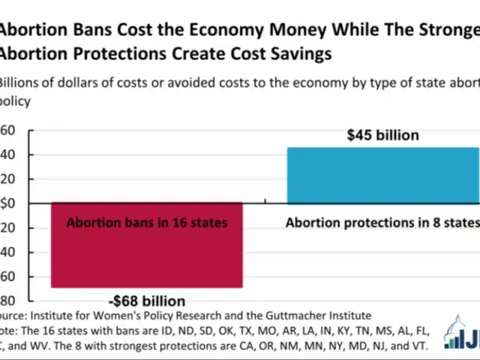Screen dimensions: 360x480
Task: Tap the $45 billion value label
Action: (x=382, y=136)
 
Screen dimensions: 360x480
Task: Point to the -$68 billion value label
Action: (x=147, y=301)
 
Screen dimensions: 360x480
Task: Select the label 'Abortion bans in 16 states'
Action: (x=146, y=223)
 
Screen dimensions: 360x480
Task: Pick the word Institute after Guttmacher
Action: (x=346, y=316)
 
